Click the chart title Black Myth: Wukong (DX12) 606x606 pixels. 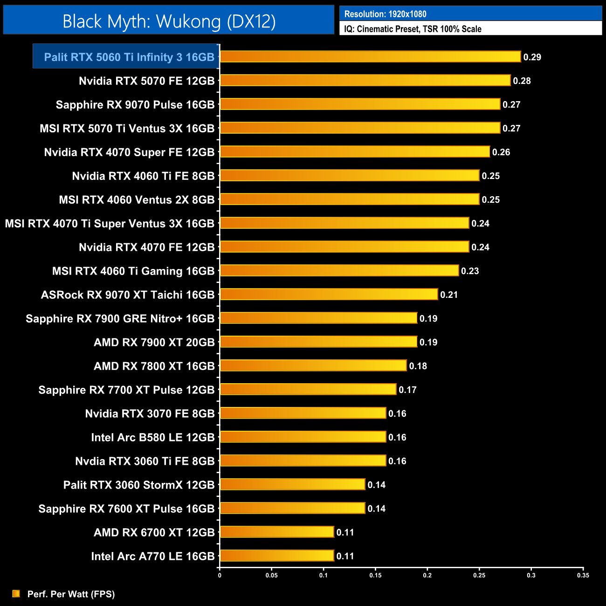pyautogui.click(x=169, y=21)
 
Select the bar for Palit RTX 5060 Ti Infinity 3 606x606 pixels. pyautogui.click(x=370, y=57)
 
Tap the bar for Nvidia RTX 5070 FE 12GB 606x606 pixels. pyautogui.click(x=365, y=81)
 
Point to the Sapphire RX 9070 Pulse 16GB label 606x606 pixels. pyautogui.click(x=135, y=105)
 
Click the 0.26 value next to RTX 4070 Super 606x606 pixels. pyautogui.click(x=501, y=152)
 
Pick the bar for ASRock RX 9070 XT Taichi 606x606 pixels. pyautogui.click(x=329, y=295)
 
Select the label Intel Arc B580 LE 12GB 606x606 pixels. pyautogui.click(x=153, y=438)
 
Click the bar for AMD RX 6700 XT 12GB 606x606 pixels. pyautogui.click(x=277, y=532)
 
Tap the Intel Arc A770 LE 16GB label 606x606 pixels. pyautogui.click(x=153, y=557)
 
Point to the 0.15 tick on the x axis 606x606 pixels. pyautogui.click(x=375, y=575)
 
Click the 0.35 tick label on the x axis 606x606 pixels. pyautogui.click(x=583, y=575)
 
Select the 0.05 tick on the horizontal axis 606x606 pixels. pyautogui.click(x=272, y=575)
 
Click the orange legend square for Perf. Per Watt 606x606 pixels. pyautogui.click(x=16, y=593)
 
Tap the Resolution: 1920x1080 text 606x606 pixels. pyautogui.click(x=386, y=14)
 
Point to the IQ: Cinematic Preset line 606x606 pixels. pyautogui.click(x=413, y=29)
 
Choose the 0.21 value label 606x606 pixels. pyautogui.click(x=449, y=295)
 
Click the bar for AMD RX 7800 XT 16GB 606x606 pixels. pyautogui.click(x=313, y=366)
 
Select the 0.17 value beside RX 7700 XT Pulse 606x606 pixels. pyautogui.click(x=407, y=390)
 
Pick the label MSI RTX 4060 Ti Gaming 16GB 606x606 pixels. pyautogui.click(x=133, y=271)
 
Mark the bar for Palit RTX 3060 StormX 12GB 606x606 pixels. pyautogui.click(x=292, y=484)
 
